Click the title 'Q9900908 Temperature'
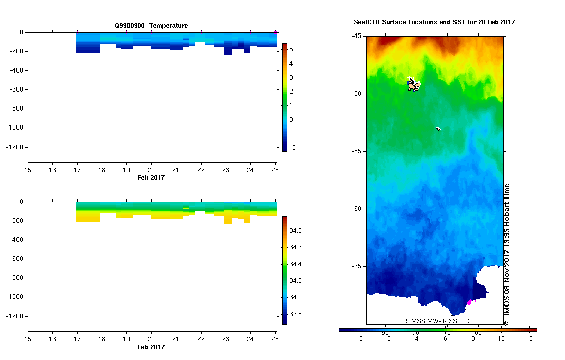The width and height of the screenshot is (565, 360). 151,25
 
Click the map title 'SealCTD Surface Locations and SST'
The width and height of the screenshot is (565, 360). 434,22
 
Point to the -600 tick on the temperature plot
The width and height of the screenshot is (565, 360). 17,89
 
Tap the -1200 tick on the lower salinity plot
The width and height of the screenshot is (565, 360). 15,316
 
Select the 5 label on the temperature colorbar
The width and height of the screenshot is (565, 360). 291,49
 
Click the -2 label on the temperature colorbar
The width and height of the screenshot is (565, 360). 292,148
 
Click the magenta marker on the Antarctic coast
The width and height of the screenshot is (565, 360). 469,302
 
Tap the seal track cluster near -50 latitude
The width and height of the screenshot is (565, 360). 413,84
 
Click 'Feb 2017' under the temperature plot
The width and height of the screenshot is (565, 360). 151,177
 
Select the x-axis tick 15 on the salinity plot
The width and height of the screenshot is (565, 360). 28,339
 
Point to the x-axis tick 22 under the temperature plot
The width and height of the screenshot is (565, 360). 201,170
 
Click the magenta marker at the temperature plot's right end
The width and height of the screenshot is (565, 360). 276,32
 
